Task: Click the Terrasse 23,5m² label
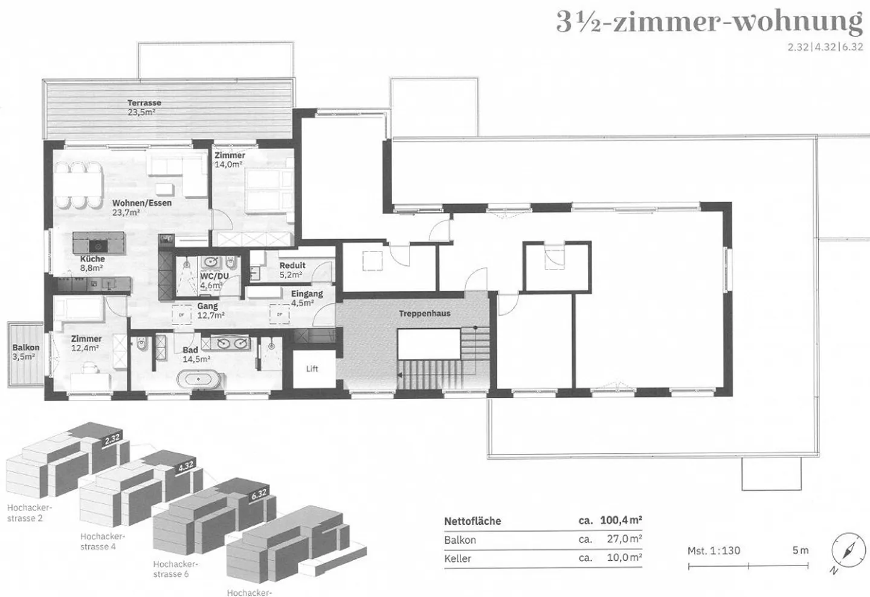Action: pyautogui.click(x=144, y=108)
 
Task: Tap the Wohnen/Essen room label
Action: pyautogui.click(x=141, y=207)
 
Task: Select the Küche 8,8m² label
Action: pyautogui.click(x=92, y=263)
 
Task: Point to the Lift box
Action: pyautogui.click(x=312, y=369)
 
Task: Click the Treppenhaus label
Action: pyautogui.click(x=424, y=314)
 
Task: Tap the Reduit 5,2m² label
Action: pyautogui.click(x=292, y=269)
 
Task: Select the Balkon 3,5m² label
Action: pyautogui.click(x=25, y=352)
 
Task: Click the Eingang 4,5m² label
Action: pyautogui.click(x=306, y=298)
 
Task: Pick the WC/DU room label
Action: pyautogui.click(x=214, y=280)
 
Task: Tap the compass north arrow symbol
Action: pyautogui.click(x=844, y=551)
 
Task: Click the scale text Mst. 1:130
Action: pyautogui.click(x=714, y=550)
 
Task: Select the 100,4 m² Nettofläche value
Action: pyautogui.click(x=620, y=520)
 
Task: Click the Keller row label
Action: pyautogui.click(x=457, y=558)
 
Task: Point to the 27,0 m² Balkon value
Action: pyautogui.click(x=623, y=539)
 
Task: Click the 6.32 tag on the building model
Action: pyautogui.click(x=258, y=494)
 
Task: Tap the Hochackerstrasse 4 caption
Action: pyautogui.click(x=103, y=541)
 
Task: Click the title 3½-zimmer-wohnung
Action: pyautogui.click(x=709, y=23)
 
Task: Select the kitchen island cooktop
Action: pyautogui.click(x=96, y=245)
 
